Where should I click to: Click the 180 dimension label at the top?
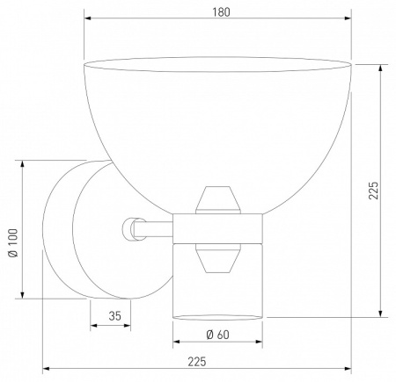(x=221, y=12)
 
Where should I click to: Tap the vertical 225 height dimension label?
(x=374, y=191)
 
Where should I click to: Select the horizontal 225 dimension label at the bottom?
(x=197, y=362)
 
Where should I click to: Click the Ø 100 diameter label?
(x=13, y=242)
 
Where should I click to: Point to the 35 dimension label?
(x=114, y=316)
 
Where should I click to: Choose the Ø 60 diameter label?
(x=217, y=335)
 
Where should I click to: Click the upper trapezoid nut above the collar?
(x=218, y=200)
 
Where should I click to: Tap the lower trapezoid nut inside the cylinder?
(x=218, y=258)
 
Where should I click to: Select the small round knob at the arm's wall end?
(x=129, y=229)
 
